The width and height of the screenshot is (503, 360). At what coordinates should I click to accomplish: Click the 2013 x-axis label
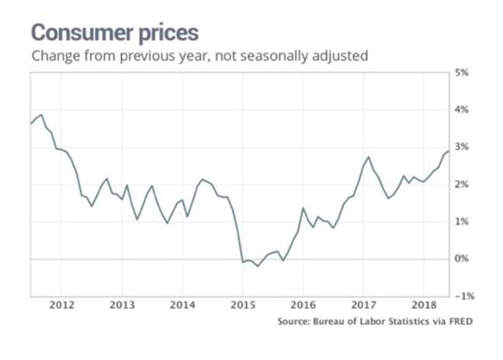121,304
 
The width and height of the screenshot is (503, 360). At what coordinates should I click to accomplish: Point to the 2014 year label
182,304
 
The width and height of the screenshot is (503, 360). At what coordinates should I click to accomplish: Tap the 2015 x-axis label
242,304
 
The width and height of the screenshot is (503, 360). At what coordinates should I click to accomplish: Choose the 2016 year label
303,304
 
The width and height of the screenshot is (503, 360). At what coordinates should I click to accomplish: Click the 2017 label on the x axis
363,304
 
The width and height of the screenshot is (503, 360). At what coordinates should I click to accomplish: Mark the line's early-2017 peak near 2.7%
368,157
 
